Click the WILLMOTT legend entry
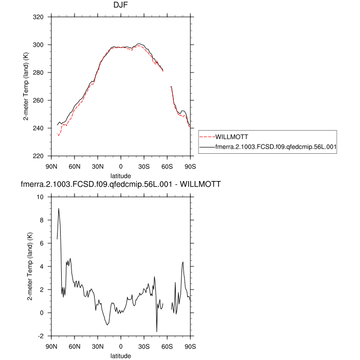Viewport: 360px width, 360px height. coord(232,137)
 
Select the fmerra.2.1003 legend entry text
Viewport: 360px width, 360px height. coord(276,147)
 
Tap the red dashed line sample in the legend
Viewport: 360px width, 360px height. coord(207,137)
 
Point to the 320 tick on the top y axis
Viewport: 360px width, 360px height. coord(40,17)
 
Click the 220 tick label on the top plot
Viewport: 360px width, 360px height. coord(40,156)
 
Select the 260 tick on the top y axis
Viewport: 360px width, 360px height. coord(40,100)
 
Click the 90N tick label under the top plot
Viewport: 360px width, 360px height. coord(51,166)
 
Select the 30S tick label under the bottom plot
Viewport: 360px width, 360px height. coord(144,346)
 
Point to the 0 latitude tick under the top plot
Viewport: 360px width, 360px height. coord(121,166)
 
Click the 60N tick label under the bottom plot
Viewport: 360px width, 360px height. coord(75,346)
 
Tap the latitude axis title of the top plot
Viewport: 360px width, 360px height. coord(121,175)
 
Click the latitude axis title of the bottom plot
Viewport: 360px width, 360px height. coord(121,355)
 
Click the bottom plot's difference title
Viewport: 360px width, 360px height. coord(121,184)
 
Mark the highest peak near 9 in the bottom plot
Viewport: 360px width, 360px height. coord(59,209)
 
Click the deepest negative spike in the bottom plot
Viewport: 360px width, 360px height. coord(157,331)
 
